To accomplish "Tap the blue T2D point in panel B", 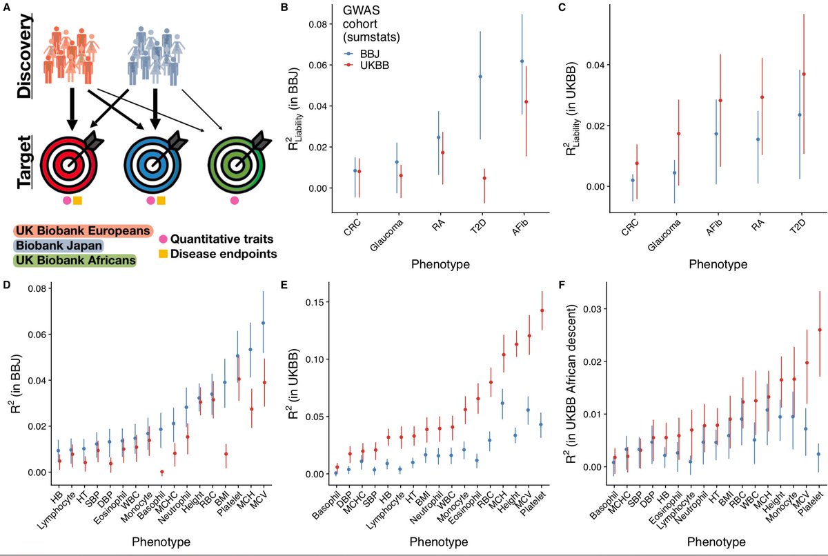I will point(480,77).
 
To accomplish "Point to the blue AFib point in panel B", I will point(522,61).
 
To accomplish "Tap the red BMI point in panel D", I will point(225,454).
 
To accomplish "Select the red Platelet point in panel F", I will point(819,330).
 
